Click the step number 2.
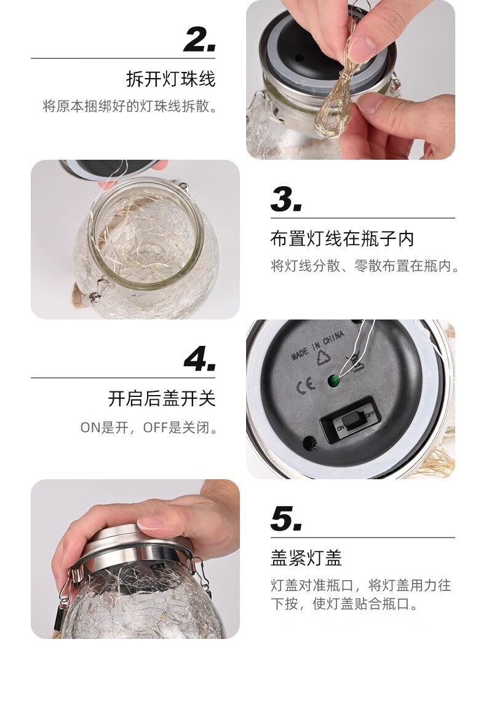(x=199, y=40)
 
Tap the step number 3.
(x=286, y=200)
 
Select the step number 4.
(x=199, y=359)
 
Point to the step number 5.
(x=286, y=519)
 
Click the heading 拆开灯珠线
(x=171, y=79)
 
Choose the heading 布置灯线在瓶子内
(x=342, y=239)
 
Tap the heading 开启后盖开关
(x=162, y=398)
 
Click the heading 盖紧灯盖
(x=306, y=558)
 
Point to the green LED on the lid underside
(x=335, y=382)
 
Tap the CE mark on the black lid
(x=305, y=386)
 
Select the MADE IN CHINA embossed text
(x=317, y=345)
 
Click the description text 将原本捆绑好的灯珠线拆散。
(x=130, y=106)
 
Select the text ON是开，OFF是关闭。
(x=148, y=427)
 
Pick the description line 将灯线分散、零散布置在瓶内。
(x=365, y=266)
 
